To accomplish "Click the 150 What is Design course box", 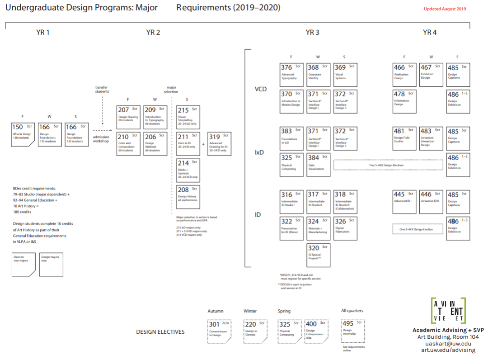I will pyautogui.click(x=23, y=133).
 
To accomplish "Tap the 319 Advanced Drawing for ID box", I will pyautogui.click(x=219, y=144).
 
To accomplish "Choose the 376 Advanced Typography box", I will pyautogui.click(x=291, y=75).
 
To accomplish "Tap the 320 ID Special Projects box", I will pyautogui.click(x=319, y=255).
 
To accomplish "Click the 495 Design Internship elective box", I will pyautogui.click(x=353, y=331).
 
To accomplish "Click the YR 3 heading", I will pyautogui.click(x=312, y=32).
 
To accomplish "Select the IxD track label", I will pyautogui.click(x=259, y=153).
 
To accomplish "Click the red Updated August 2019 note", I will pyautogui.click(x=445, y=9).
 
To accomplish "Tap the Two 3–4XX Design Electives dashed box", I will pyautogui.click(x=388, y=165).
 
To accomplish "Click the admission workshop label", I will pyautogui.click(x=101, y=139).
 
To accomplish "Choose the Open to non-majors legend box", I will pyautogui.click(x=23, y=264).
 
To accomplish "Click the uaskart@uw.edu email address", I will pyautogui.click(x=450, y=343).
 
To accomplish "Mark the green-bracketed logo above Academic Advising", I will pyautogui.click(x=448, y=310).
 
